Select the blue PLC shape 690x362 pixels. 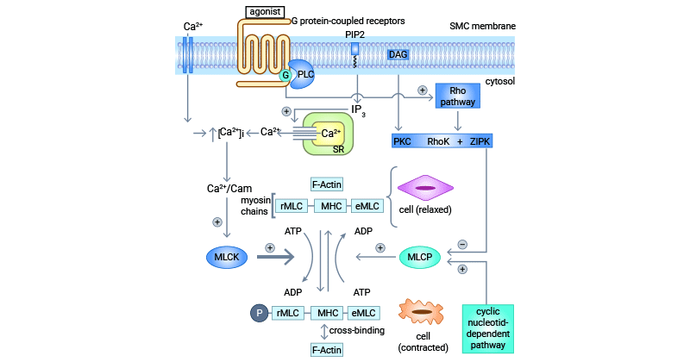pos(304,74)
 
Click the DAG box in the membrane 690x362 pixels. pos(398,54)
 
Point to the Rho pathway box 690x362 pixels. pos(457,96)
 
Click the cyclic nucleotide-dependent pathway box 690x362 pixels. pos(488,328)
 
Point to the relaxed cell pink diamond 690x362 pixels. pos(423,187)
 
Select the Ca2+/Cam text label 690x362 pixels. pos(229,188)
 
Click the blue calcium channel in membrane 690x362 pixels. pos(189,54)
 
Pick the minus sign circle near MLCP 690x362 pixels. pos(462,244)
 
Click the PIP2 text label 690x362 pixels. pos(354,34)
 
